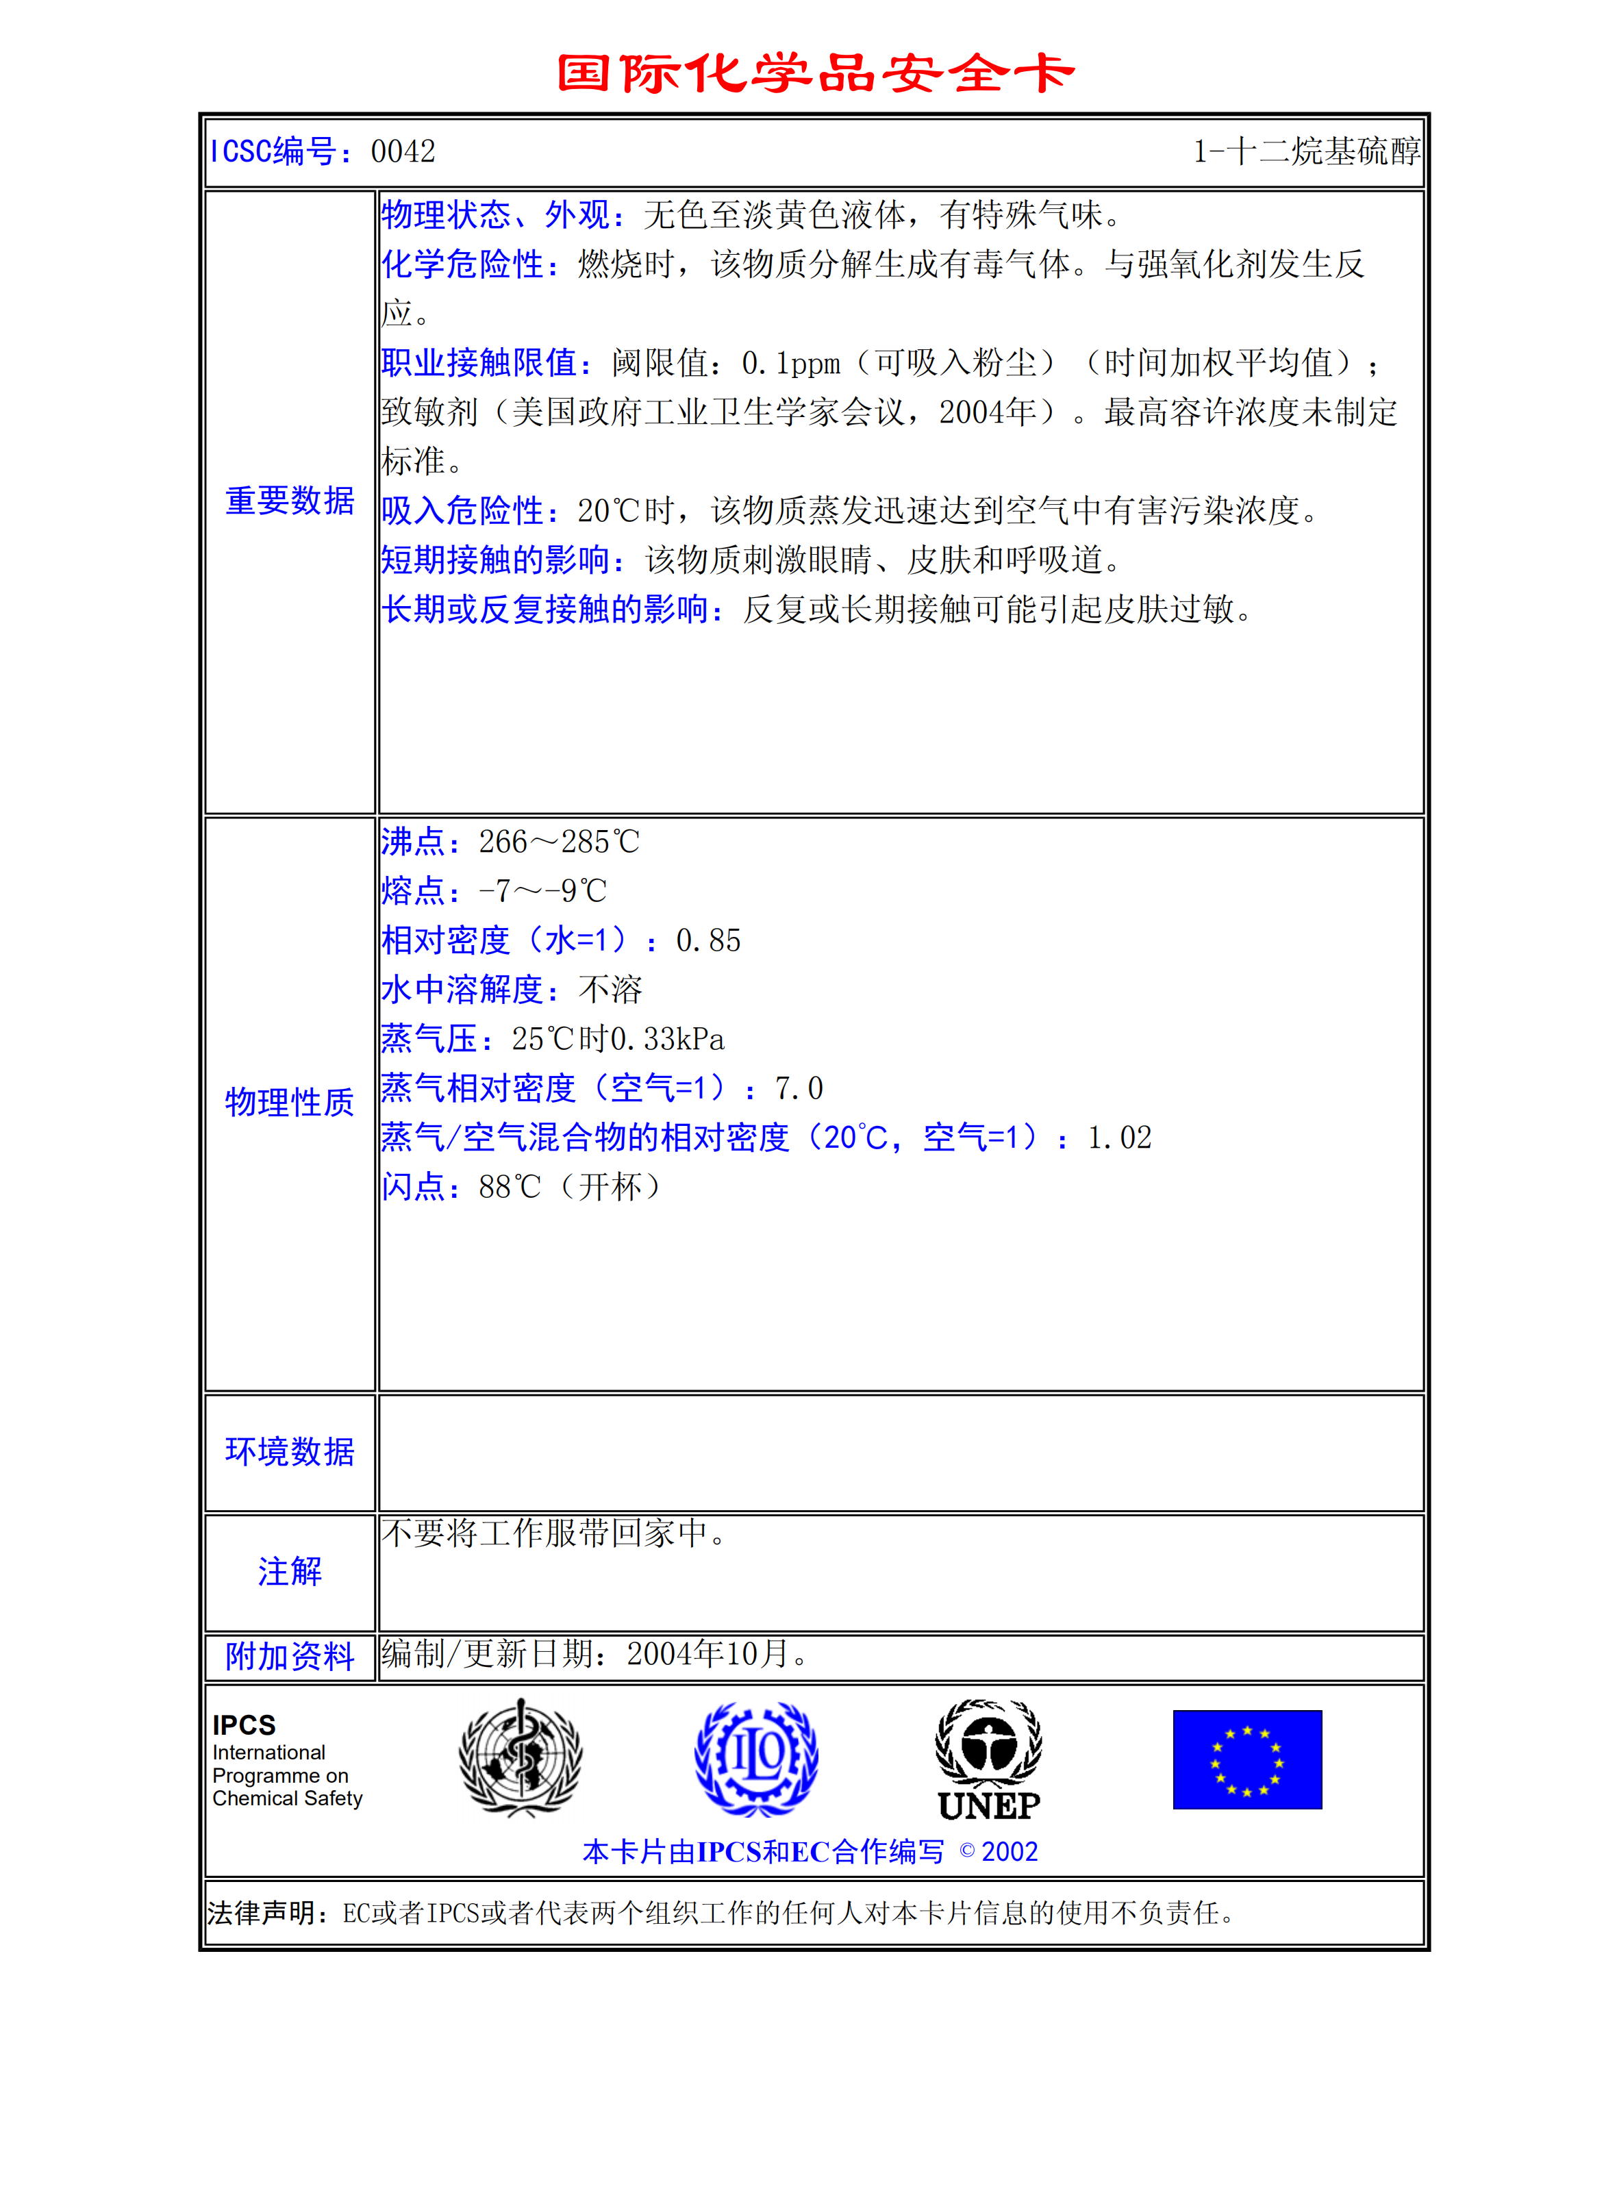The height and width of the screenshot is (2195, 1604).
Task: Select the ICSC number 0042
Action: (x=403, y=151)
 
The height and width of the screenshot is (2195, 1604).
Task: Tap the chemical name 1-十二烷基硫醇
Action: (x=1306, y=151)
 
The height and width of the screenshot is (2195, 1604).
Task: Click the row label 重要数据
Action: (x=289, y=501)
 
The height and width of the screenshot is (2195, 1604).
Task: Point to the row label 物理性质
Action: (x=289, y=1102)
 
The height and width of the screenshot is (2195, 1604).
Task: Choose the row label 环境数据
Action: (x=289, y=1451)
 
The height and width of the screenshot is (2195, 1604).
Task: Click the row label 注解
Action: (x=289, y=1572)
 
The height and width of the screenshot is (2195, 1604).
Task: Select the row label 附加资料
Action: (x=289, y=1656)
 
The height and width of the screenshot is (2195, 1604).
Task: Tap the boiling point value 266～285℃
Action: (x=558, y=842)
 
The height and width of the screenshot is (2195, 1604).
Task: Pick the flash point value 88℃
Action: (x=510, y=1186)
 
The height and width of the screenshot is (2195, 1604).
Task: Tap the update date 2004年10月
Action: (x=707, y=1653)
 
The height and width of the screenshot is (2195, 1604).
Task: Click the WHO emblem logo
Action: (x=521, y=1758)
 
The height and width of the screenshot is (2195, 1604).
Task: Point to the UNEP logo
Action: (x=988, y=1760)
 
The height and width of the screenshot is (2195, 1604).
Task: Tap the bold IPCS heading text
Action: (x=244, y=1725)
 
